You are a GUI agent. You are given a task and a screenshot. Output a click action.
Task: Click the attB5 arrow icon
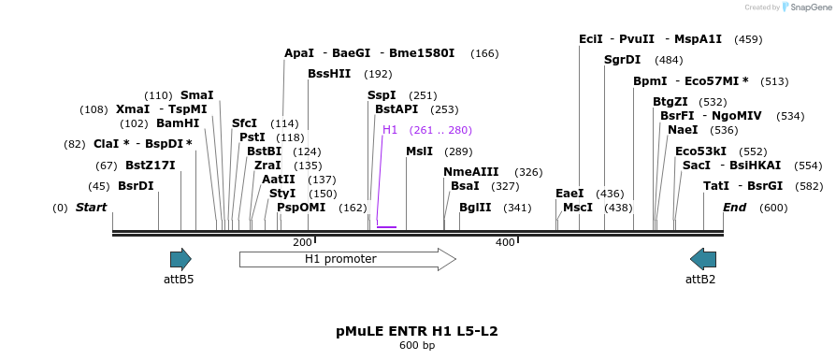click(180, 259)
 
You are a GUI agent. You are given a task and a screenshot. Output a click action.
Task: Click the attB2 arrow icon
click(702, 259)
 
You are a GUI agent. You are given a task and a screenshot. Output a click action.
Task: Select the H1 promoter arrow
click(347, 259)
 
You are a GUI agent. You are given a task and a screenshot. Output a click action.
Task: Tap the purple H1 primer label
click(390, 130)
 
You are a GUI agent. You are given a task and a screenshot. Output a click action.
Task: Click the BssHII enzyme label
click(329, 74)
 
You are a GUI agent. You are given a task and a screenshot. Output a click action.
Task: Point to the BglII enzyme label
click(475, 208)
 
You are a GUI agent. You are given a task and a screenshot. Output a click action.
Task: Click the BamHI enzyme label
click(178, 123)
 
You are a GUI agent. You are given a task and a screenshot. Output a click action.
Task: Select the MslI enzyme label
click(419, 151)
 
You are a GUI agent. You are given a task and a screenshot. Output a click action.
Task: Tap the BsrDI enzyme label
click(136, 186)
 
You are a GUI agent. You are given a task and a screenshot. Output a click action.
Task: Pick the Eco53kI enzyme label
click(700, 151)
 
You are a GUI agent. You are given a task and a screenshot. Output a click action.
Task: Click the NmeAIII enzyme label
click(470, 172)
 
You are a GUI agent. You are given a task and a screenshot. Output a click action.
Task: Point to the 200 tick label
click(302, 243)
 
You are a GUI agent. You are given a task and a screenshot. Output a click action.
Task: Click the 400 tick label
click(505, 243)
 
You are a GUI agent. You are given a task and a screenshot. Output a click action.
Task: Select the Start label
click(92, 208)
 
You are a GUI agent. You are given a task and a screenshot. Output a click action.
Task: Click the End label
click(734, 208)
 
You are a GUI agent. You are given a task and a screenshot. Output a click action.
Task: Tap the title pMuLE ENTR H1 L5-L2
click(417, 331)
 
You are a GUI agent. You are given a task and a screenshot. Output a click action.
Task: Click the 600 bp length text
click(417, 346)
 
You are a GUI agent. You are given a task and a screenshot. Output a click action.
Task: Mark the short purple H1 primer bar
click(386, 226)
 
